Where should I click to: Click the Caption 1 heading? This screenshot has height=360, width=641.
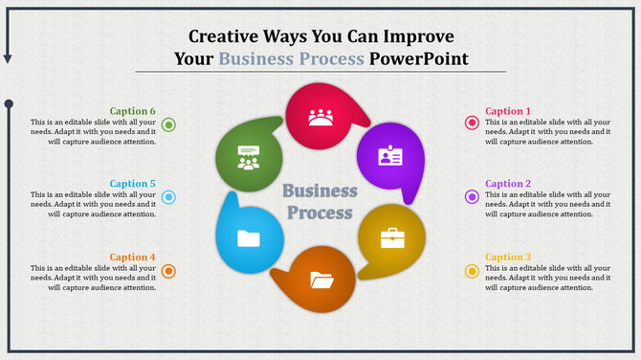point(507,111)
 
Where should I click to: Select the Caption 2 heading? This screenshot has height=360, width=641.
point(507,184)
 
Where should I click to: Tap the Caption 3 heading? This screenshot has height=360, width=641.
point(507,257)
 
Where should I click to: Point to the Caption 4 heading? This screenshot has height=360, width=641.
point(132,257)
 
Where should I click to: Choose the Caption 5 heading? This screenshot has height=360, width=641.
point(132,184)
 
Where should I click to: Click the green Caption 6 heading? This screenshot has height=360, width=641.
point(132,111)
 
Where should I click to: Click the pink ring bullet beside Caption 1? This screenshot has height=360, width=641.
point(472,123)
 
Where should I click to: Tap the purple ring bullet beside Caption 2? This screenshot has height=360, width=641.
point(472,197)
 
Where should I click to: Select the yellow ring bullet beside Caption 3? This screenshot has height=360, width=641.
point(472,271)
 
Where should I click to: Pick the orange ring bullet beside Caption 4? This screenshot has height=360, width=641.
point(168,271)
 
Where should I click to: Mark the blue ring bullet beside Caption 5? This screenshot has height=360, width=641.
point(168,197)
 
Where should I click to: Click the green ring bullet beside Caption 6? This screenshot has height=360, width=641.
point(168,124)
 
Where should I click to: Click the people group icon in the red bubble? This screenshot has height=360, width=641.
point(320,118)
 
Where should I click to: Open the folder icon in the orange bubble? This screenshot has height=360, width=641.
point(322,280)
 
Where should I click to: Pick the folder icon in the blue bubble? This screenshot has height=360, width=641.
point(249,238)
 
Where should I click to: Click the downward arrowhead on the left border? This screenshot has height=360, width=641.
point(8,59)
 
